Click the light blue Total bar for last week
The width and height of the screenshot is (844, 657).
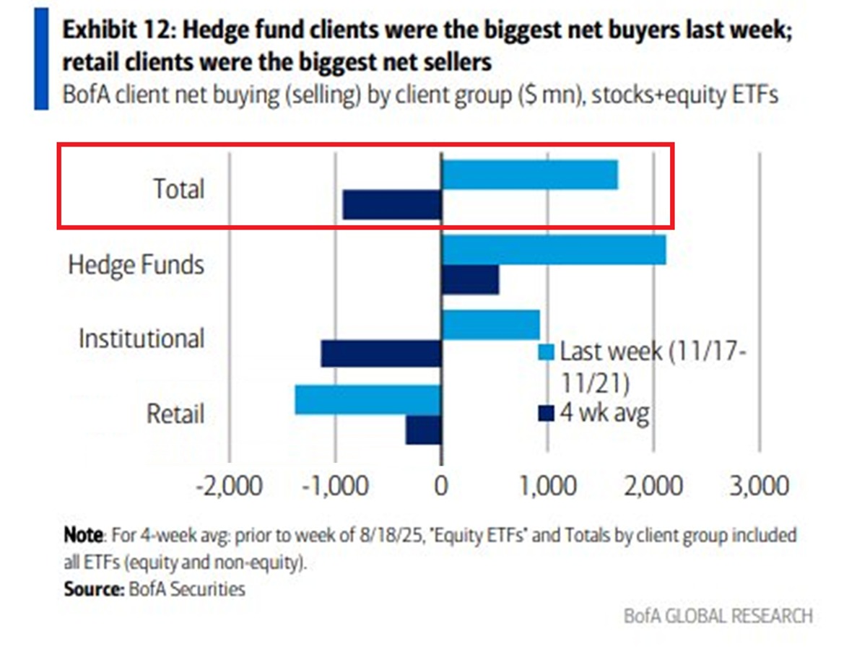pyautogui.click(x=529, y=175)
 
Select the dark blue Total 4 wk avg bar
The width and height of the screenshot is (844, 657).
pyautogui.click(x=391, y=205)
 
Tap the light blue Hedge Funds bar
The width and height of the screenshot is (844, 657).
pyautogui.click(x=553, y=250)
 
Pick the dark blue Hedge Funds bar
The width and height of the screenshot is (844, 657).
pyautogui.click(x=470, y=279)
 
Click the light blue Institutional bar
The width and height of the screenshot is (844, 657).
pyautogui.click(x=490, y=325)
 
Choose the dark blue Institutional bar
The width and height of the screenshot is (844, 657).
pyautogui.click(x=381, y=354)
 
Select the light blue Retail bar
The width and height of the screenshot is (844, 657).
pyautogui.click(x=367, y=399)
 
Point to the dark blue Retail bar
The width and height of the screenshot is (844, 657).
pyautogui.click(x=423, y=430)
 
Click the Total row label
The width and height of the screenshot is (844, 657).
pyautogui.click(x=178, y=189)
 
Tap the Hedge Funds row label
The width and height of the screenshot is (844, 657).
pyautogui.click(x=136, y=264)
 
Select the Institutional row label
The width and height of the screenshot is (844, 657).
pyautogui.click(x=142, y=339)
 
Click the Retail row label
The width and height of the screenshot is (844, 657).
pyautogui.click(x=175, y=414)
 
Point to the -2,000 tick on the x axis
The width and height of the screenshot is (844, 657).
pyautogui.click(x=230, y=486)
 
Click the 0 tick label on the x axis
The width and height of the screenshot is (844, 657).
pyautogui.click(x=441, y=486)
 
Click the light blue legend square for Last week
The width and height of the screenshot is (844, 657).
pyautogui.click(x=547, y=352)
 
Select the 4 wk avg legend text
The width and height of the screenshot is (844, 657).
pyautogui.click(x=604, y=413)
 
